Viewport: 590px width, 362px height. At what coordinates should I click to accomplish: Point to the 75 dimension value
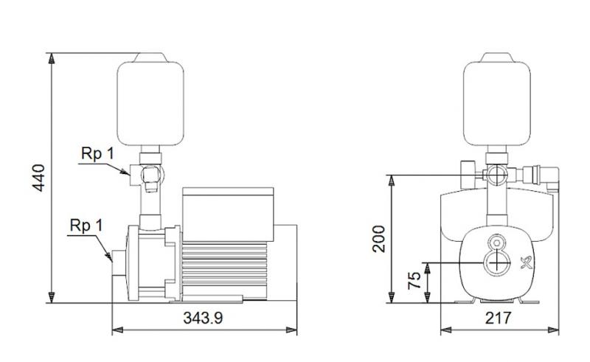click(x=415, y=281)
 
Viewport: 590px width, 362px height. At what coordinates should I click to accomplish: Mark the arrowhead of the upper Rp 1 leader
click(x=129, y=173)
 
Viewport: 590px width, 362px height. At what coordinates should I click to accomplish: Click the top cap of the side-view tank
click(x=150, y=55)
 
